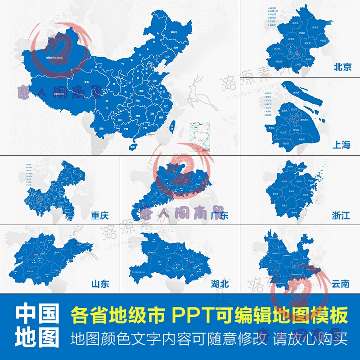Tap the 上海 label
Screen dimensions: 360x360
pyautogui.click(x=342, y=144)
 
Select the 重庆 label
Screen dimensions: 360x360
pyautogui.click(x=99, y=216)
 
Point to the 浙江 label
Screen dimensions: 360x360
pyautogui.click(x=341, y=216)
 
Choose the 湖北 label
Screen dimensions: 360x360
pyautogui.click(x=220, y=283)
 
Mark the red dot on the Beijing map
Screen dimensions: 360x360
pyautogui.click(x=298, y=53)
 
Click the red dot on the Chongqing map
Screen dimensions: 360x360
pyautogui.click(x=40, y=200)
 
